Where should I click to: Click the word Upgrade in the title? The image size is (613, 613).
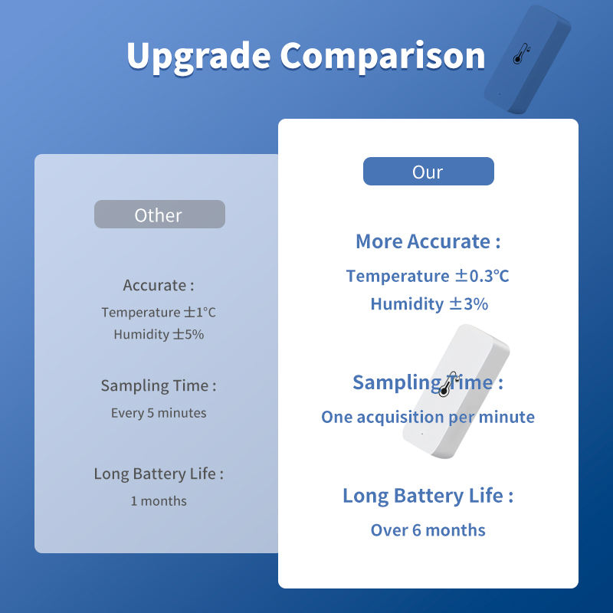198,56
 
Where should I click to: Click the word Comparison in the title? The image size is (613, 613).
382,56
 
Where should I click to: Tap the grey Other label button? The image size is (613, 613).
159,215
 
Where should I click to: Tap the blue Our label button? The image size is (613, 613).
428,171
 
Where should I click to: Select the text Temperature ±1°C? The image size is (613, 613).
159,312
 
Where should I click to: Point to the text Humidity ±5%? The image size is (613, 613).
159,334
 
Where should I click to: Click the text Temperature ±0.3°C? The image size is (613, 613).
428,276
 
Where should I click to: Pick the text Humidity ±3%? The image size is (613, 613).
429,303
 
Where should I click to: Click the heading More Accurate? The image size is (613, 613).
428,241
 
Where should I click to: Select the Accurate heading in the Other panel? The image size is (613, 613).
159,285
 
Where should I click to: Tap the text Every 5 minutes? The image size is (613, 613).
159,413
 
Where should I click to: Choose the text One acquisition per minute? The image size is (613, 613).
428,417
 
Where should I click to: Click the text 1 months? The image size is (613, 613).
159,501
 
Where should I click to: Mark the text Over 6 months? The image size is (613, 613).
428,530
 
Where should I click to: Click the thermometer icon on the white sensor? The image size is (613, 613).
447,385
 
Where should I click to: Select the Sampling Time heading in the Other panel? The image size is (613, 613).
159,385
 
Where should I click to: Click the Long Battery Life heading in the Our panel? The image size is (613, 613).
428,496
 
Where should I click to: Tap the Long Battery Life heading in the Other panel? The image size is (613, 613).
159,474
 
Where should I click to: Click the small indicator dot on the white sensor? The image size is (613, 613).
422,434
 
